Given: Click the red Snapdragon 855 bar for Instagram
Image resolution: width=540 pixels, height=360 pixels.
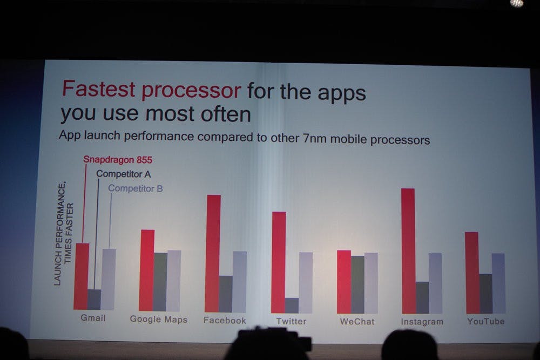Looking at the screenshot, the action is click(x=408, y=251).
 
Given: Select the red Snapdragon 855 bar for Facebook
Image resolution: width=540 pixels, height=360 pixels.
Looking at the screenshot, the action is click(x=213, y=254).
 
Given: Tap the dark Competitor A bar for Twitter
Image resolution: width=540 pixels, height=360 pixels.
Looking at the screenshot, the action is click(x=292, y=305).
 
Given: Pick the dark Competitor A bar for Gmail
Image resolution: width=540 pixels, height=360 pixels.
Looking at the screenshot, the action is click(x=94, y=300).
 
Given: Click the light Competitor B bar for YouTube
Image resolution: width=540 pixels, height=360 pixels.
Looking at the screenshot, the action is click(x=498, y=283).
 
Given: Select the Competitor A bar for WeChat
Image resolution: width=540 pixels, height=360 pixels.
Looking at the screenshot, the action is click(x=357, y=284).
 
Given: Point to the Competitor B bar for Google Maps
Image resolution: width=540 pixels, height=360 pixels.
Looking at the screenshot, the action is click(x=173, y=281).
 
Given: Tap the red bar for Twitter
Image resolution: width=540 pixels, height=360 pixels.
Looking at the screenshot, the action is click(x=279, y=262).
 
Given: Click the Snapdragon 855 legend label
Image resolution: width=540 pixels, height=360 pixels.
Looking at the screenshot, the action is click(x=118, y=160).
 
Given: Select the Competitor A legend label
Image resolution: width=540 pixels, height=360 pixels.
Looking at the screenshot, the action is click(x=123, y=174).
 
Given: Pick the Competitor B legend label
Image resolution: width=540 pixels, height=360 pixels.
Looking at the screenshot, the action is click(x=136, y=188).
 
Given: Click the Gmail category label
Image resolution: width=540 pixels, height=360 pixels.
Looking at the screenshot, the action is click(x=93, y=318).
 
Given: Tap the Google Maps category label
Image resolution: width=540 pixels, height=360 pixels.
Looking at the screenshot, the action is click(x=158, y=320).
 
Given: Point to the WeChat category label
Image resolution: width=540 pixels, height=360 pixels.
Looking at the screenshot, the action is click(x=357, y=322).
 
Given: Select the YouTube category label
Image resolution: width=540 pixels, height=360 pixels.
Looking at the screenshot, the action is click(x=485, y=322).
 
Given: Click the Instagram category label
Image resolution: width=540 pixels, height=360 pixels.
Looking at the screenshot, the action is click(x=422, y=322).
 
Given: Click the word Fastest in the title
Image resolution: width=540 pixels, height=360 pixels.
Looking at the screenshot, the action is click(x=98, y=89).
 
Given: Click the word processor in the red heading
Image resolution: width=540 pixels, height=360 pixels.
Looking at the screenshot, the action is click(x=191, y=91).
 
